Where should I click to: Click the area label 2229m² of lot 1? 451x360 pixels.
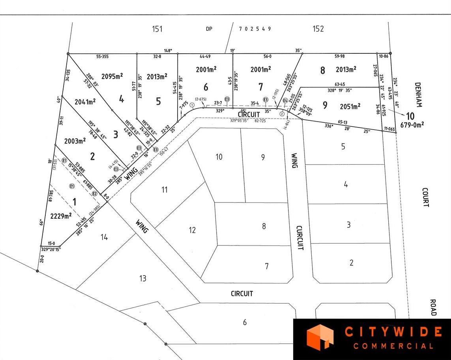[61, 216]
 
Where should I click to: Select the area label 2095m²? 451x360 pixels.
[112, 76]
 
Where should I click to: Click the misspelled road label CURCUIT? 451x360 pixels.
[300, 238]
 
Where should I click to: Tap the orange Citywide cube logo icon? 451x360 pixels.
[320, 337]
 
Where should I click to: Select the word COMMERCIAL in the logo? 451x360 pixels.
[393, 346]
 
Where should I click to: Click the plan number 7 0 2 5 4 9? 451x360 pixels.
[255, 29]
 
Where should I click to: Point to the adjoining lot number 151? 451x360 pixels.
[157, 29]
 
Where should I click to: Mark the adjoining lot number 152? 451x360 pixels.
[318, 29]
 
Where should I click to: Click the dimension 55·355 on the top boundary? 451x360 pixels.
[102, 57]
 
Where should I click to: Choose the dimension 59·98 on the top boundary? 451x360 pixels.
[339, 56]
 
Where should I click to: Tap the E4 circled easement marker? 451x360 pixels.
[285, 101]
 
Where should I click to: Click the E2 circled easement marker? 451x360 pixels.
[95, 193]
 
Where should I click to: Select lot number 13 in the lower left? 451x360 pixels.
[142, 278]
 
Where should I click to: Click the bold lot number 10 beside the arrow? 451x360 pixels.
[411, 116]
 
